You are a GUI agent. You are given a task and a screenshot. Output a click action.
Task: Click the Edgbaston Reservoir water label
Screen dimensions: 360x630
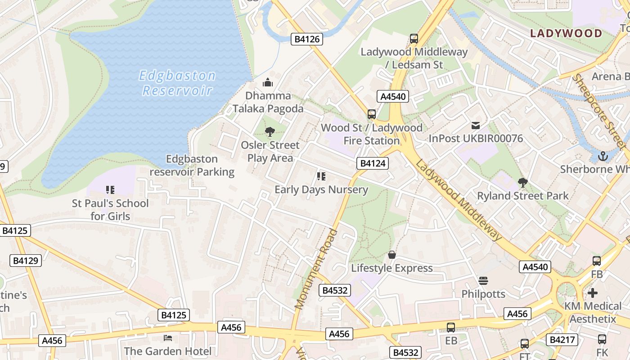coord(177,83)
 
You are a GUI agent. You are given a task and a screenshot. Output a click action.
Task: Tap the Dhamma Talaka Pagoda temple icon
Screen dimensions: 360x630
coord(268,82)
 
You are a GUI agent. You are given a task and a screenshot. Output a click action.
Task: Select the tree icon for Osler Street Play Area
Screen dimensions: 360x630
coord(270,132)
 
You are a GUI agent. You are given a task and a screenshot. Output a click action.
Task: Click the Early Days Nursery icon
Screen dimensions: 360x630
coord(321,176)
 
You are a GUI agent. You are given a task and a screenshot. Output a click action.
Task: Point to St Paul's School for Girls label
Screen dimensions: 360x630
coord(110,210)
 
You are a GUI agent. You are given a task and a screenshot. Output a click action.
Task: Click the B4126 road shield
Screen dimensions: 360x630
coord(307,39)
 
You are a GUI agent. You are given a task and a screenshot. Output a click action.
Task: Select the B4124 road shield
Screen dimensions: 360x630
coord(372,163)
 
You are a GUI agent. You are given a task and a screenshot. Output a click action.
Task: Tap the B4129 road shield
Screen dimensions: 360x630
coord(26,261)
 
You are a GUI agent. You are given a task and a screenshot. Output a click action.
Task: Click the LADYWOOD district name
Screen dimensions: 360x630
coord(566,33)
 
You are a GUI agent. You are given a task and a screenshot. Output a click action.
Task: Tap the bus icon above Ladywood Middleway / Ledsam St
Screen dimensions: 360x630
coord(414,39)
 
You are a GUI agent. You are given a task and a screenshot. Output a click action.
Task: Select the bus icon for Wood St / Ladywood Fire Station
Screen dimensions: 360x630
coord(371,114)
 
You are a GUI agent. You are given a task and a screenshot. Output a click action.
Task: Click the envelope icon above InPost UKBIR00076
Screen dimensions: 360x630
coord(476,126)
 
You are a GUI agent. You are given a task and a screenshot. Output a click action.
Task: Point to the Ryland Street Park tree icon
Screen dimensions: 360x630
coord(522,183)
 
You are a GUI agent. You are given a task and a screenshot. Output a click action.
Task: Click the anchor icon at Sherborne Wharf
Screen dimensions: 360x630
coord(603,156)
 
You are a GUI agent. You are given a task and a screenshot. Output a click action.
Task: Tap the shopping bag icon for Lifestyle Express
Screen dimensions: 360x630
coord(392,255)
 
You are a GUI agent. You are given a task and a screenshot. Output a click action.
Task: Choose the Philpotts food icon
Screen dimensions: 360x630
coord(483,281)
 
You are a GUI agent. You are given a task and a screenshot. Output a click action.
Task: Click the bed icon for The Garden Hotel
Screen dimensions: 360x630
coord(168,337)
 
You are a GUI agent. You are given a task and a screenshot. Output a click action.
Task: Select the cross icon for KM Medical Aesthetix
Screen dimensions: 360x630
coord(593,293)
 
